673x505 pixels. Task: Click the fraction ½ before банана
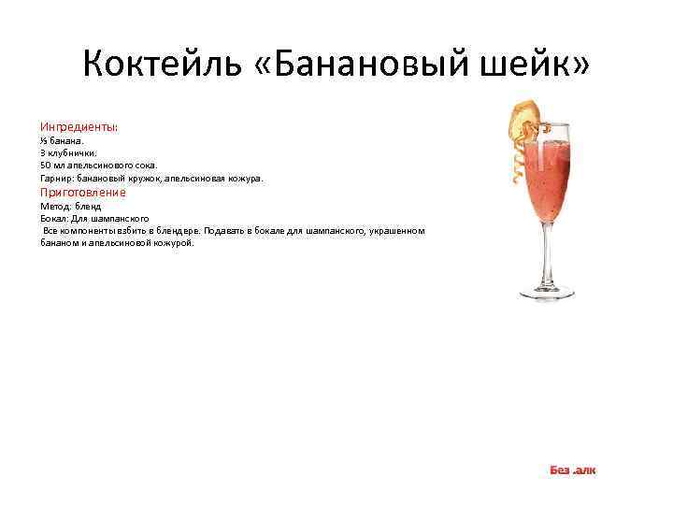(44, 139)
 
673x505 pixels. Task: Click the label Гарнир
(54, 178)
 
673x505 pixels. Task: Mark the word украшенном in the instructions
(397, 230)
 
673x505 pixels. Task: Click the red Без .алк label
(572, 469)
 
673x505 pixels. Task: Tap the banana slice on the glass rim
(519, 116)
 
